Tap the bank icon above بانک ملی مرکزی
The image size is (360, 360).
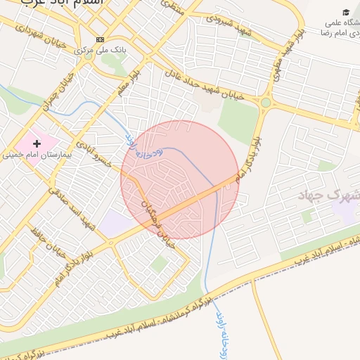click(x=100, y=39)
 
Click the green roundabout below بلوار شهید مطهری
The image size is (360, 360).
click(x=266, y=103)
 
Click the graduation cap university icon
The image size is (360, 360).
click(x=345, y=12)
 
